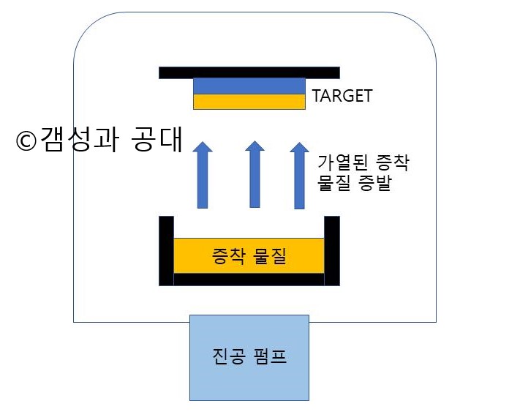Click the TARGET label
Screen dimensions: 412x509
pyautogui.click(x=342, y=96)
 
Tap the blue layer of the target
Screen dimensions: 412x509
pyautogui.click(x=249, y=86)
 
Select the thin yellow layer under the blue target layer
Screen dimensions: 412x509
pyautogui.click(x=249, y=102)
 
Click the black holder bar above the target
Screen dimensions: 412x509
pyautogui.click(x=249, y=72)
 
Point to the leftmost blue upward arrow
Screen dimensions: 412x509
pyautogui.click(x=203, y=176)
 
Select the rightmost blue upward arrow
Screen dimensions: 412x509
pyautogui.click(x=299, y=176)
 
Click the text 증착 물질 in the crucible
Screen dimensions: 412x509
pyautogui.click(x=249, y=257)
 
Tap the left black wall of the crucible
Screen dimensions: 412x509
pyautogui.click(x=166, y=250)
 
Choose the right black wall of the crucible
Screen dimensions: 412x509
pyautogui.click(x=332, y=250)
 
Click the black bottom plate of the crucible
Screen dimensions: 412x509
pyautogui.click(x=249, y=279)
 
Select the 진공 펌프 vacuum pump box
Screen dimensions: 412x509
pyautogui.click(x=249, y=357)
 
